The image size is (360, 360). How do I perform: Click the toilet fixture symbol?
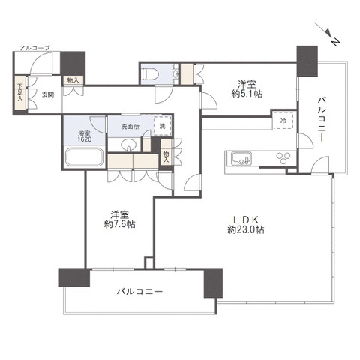151,73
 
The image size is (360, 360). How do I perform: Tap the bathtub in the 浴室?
85,157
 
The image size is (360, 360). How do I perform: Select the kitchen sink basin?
241,159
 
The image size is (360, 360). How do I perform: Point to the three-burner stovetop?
283,157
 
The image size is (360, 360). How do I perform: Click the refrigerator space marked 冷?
283,120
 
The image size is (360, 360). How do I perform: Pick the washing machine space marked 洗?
163,126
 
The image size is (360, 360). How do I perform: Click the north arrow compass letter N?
335,42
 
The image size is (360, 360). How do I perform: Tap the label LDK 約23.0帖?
246,224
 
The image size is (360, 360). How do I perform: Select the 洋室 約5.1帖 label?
247,89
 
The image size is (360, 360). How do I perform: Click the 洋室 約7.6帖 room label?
120,220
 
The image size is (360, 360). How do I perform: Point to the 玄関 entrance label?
48,94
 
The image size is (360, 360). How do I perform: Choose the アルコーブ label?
35,48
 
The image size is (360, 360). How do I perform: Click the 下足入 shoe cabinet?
20,92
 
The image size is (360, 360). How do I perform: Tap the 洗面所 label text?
130,127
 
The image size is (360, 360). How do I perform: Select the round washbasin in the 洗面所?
129,145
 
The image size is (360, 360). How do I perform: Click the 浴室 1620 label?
85,136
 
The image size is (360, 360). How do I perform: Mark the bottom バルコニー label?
140,291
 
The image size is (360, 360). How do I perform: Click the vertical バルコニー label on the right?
321,120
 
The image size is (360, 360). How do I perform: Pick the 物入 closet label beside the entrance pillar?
73,80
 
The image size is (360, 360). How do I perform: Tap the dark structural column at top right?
307,61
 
